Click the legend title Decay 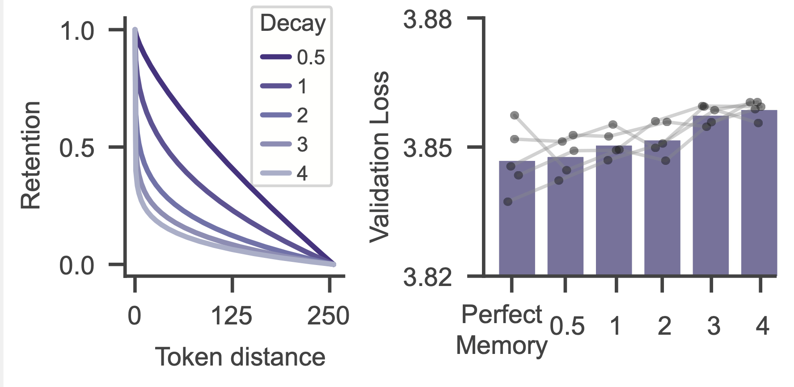point(293,23)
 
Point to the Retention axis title point(31,155)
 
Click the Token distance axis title point(240,357)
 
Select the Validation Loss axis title point(380,157)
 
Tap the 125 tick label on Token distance point(232,316)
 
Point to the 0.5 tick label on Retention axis point(77,148)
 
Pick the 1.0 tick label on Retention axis point(77,31)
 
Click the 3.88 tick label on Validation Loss point(428,20)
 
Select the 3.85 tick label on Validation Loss point(428,148)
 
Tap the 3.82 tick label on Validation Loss point(428,278)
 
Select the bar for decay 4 point(759,192)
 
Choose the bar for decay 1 point(614,210)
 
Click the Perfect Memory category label point(502,330)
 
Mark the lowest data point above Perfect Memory point(508,202)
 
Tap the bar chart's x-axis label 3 point(714,326)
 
